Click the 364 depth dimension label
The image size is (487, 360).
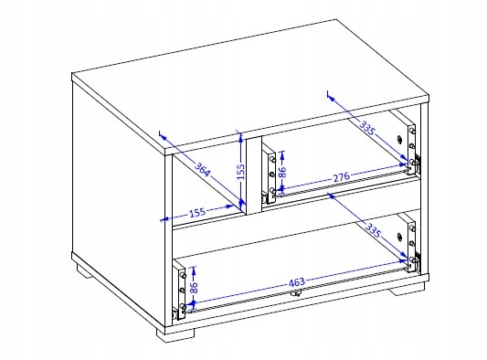point(203,170)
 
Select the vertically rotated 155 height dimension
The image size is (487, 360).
point(241,172)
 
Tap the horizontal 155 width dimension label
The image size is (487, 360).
point(197,213)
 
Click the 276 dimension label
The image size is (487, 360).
point(342,177)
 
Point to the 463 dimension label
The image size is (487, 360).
point(297,282)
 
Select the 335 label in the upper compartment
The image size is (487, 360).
point(367,128)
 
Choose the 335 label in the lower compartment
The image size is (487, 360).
point(373,230)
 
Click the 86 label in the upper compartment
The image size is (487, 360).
point(282,172)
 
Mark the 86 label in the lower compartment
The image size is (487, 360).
point(194,288)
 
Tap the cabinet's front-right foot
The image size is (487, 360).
point(407,289)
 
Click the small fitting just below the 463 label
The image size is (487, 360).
point(295,293)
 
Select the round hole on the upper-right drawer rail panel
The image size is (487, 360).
point(400,139)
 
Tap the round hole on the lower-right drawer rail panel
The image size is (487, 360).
point(400,237)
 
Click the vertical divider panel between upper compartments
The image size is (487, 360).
point(254,175)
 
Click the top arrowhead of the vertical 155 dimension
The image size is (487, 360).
point(240,137)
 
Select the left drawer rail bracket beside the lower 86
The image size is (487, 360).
point(179,291)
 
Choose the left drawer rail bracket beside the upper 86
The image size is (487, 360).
point(269,175)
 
